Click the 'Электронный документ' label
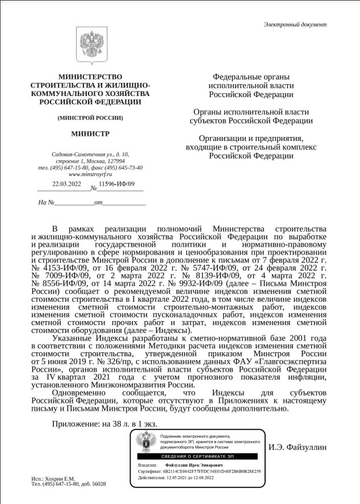pyautogui.click(x=295, y=24)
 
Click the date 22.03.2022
pyautogui.click(x=67, y=184)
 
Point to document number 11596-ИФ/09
pyautogui.click(x=116, y=184)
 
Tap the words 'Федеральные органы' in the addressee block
pyautogui.click(x=251, y=77)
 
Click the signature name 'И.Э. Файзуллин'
pyautogui.click(x=298, y=447)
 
